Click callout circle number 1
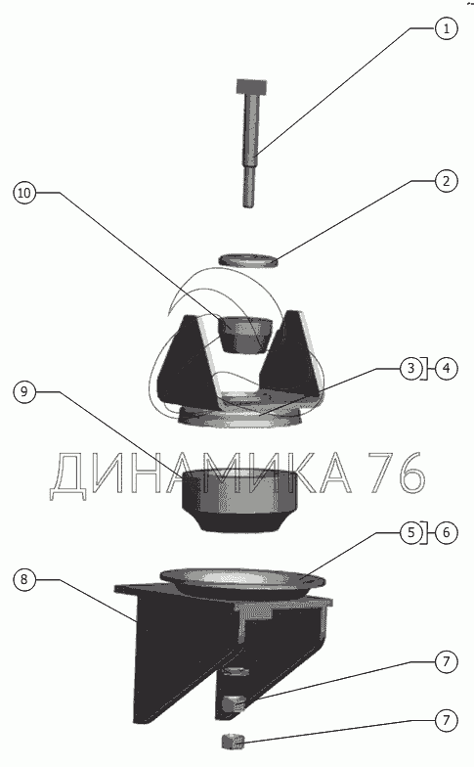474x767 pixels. [x=446, y=28]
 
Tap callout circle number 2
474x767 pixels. [x=446, y=181]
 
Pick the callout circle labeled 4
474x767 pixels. [x=446, y=368]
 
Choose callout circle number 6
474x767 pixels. [x=446, y=532]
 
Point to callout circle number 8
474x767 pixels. [x=23, y=579]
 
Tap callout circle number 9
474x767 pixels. [x=23, y=391]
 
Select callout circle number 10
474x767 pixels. [x=23, y=193]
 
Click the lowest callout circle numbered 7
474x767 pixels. [x=446, y=720]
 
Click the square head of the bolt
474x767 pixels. [x=252, y=86]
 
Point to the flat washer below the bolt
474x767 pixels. [x=248, y=260]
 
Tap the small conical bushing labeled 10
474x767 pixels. [x=244, y=335]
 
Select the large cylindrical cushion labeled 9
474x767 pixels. [x=239, y=499]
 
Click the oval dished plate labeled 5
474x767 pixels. [x=242, y=581]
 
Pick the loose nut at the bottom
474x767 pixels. [x=233, y=742]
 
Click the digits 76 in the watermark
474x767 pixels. [x=396, y=472]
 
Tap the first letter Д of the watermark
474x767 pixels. [x=68, y=475]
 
